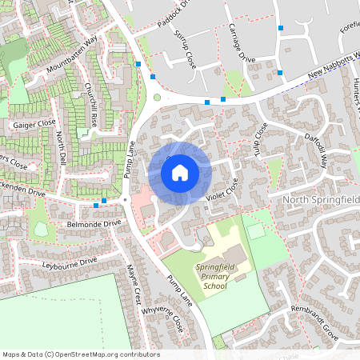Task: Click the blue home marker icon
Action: pos(180,172)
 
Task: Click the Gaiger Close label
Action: pos(34,124)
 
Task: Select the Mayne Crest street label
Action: pos(134,283)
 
